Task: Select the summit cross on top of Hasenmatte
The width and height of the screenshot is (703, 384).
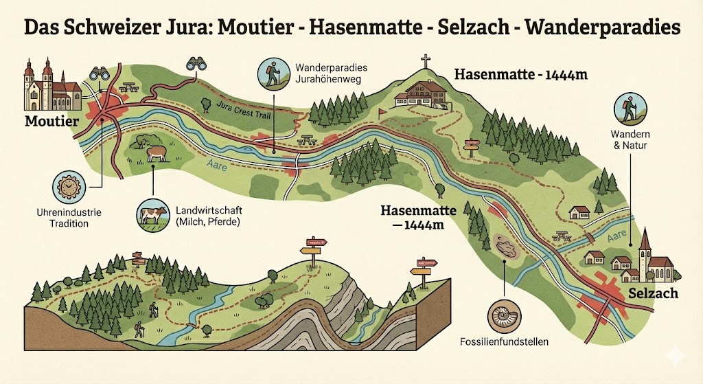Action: click(426, 61)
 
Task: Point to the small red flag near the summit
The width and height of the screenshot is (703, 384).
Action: click(383, 110)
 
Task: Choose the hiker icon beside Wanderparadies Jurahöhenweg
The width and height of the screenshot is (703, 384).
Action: click(273, 74)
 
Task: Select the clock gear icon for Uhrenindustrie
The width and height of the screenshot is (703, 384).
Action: click(69, 187)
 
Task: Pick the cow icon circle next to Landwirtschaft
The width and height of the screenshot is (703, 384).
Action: click(152, 214)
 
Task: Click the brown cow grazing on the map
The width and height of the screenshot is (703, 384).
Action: click(156, 153)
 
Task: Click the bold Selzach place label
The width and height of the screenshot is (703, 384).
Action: click(653, 293)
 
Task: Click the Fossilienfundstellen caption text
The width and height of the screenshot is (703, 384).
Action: click(504, 341)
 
